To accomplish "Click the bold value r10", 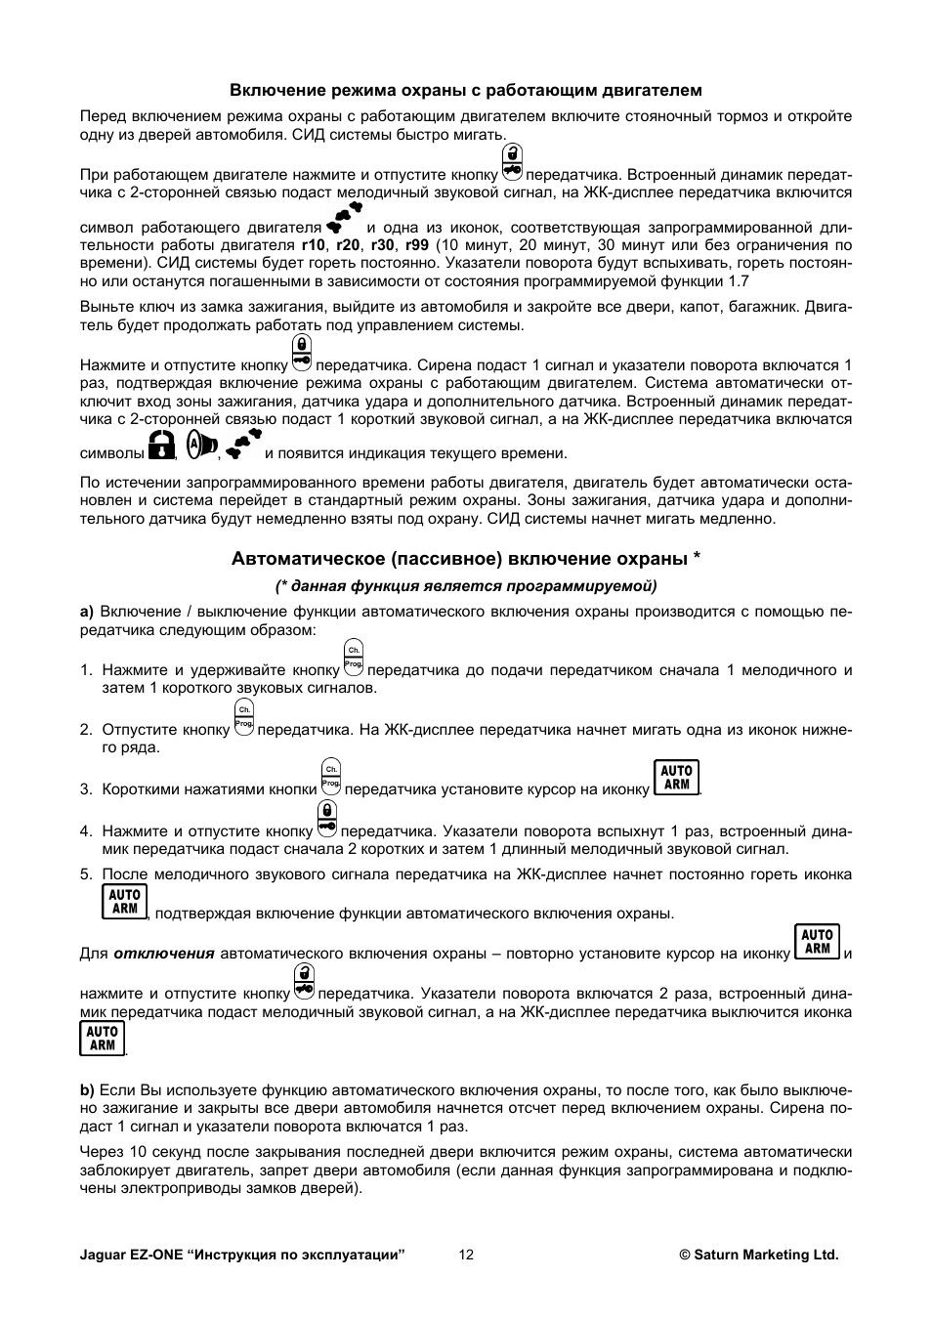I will pyautogui.click(x=313, y=245).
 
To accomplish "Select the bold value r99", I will pyautogui.click(x=417, y=245).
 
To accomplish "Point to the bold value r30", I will pyautogui.click(x=383, y=245).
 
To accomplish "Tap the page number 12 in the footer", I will pyautogui.click(x=466, y=1255).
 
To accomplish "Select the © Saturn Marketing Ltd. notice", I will pyautogui.click(x=759, y=1255).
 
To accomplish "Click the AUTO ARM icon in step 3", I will pyautogui.click(x=676, y=778).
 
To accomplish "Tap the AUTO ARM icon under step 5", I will pyautogui.click(x=124, y=901).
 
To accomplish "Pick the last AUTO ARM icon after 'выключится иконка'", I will pyautogui.click(x=102, y=1038).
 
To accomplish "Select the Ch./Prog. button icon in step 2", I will pyautogui.click(x=244, y=717).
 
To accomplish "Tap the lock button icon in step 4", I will pyautogui.click(x=326, y=819).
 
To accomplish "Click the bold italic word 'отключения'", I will pyautogui.click(x=163, y=954).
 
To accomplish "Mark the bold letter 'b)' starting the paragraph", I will pyautogui.click(x=87, y=1089).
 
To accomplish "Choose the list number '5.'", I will pyautogui.click(x=86, y=874).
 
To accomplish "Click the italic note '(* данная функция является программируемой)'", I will pyautogui.click(x=466, y=586).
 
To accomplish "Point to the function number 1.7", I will pyautogui.click(x=739, y=281).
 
